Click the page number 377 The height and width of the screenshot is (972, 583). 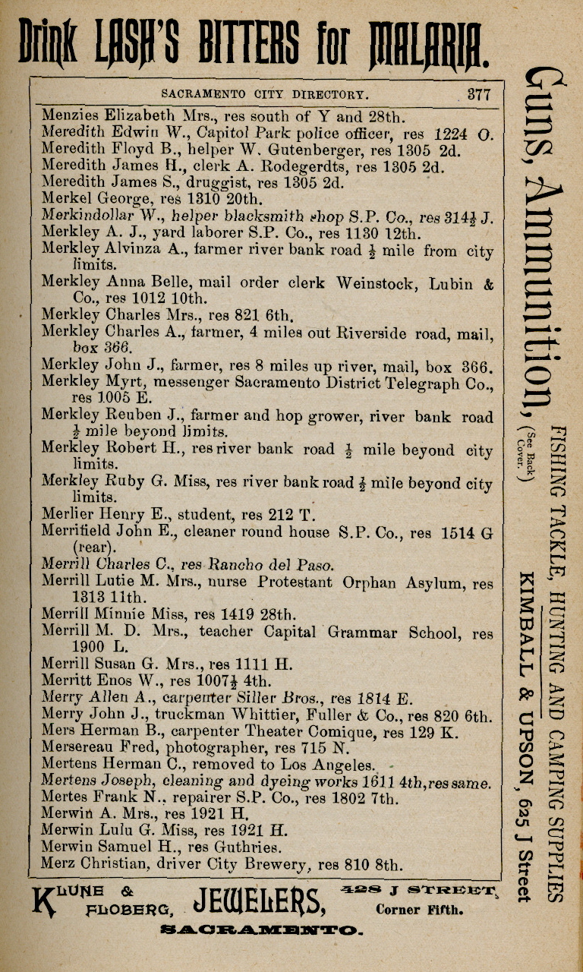pyautogui.click(x=479, y=95)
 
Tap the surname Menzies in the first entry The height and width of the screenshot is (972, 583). pyautogui.click(x=69, y=117)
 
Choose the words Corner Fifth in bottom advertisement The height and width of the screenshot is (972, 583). pyautogui.click(x=419, y=908)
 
